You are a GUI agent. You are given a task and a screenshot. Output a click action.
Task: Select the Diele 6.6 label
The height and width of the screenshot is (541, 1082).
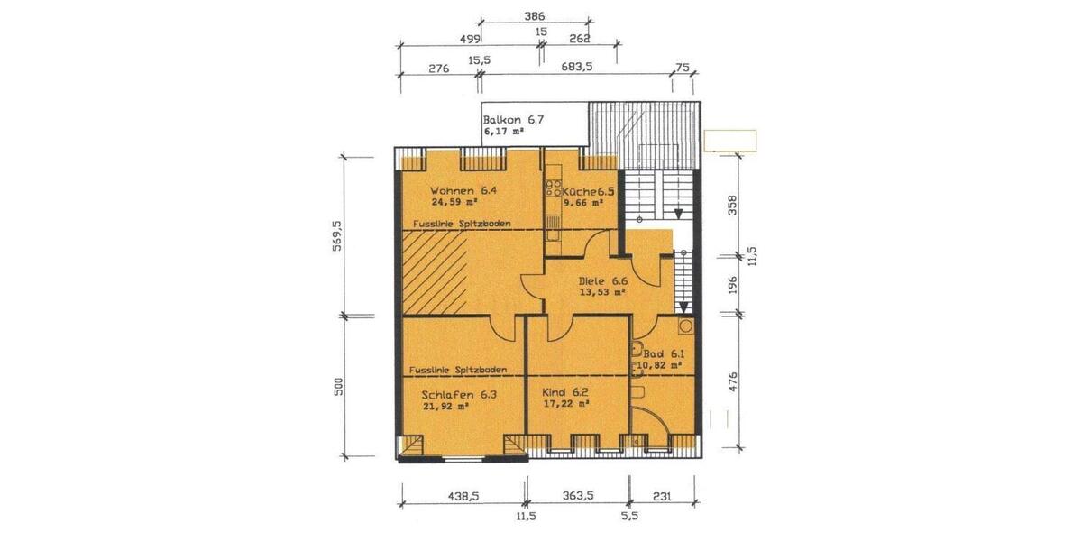(601, 280)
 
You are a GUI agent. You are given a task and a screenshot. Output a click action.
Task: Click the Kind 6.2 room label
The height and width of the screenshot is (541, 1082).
(564, 394)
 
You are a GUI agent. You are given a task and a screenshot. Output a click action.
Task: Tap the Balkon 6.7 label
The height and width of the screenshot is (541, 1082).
(515, 120)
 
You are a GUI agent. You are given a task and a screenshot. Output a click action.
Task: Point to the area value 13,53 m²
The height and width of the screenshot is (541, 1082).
(601, 292)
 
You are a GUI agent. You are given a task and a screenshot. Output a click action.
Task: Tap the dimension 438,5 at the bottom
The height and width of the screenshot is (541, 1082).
(462, 496)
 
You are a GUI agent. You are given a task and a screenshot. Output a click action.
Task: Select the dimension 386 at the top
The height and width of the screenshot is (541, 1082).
(535, 16)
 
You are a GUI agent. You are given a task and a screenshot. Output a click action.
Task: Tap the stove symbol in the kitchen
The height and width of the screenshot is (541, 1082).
(552, 190)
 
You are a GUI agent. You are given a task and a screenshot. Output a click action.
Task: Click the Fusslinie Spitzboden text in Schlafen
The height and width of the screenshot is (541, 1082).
(457, 370)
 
